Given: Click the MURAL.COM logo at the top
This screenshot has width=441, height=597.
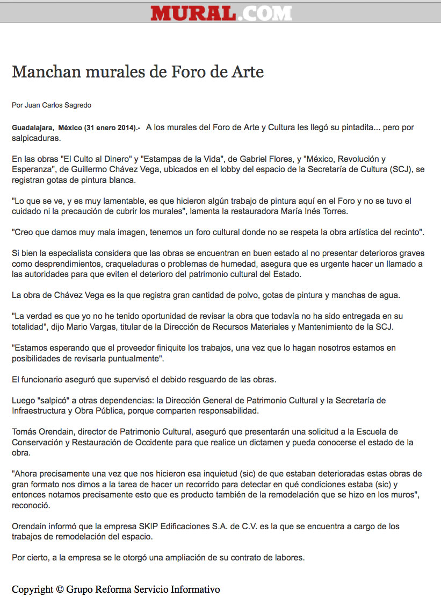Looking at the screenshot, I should [221, 12].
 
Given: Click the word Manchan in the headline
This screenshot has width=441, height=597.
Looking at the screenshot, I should [41, 72].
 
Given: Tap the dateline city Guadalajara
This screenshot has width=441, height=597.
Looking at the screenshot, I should [32, 128].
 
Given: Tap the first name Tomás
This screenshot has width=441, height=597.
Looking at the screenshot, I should [24, 432].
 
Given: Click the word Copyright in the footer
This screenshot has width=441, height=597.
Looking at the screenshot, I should [32, 589].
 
